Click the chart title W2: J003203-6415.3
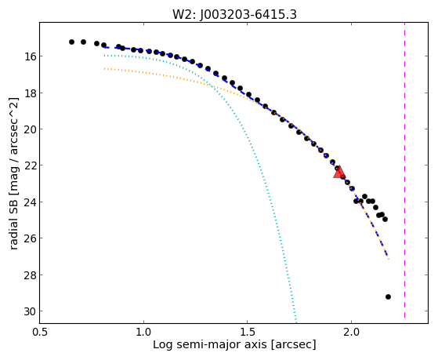click(234, 14)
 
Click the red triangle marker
click(339, 173)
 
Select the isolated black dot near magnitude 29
click(388, 296)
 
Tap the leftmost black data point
click(71, 42)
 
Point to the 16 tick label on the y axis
click(30, 56)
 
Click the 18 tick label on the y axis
click(30, 93)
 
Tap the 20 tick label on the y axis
click(30, 129)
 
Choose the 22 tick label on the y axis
click(30, 165)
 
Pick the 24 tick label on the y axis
click(30, 202)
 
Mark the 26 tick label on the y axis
click(30, 238)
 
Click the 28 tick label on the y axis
click(30, 275)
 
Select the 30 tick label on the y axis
click(30, 311)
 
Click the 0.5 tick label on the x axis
click(40, 333)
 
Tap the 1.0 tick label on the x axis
click(143, 333)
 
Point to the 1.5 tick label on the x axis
click(248, 333)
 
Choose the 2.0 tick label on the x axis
click(351, 333)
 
